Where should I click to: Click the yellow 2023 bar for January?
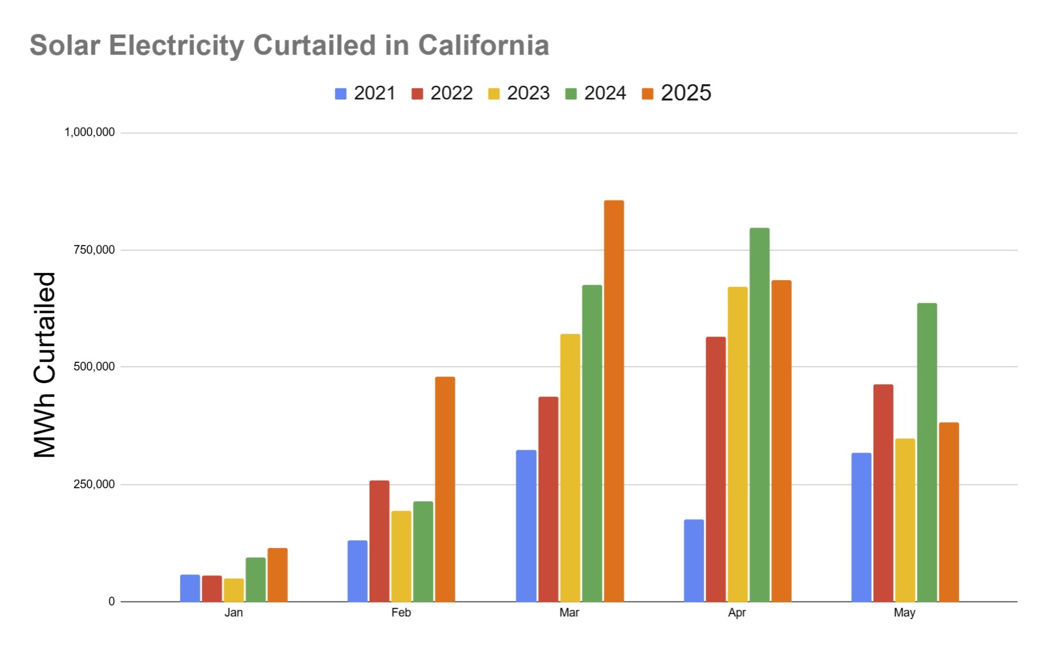pyautogui.click(x=234, y=590)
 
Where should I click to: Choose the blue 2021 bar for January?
pyautogui.click(x=190, y=588)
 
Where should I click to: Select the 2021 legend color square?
pyautogui.click(x=340, y=94)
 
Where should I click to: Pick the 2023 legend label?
pyautogui.click(x=528, y=93)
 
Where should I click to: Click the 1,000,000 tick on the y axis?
pyautogui.click(x=89, y=132)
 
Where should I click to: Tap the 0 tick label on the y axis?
pyautogui.click(x=111, y=601)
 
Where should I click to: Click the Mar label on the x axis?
pyautogui.click(x=569, y=612)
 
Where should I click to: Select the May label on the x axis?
pyautogui.click(x=904, y=612)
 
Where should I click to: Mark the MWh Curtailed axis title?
pyautogui.click(x=44, y=365)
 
